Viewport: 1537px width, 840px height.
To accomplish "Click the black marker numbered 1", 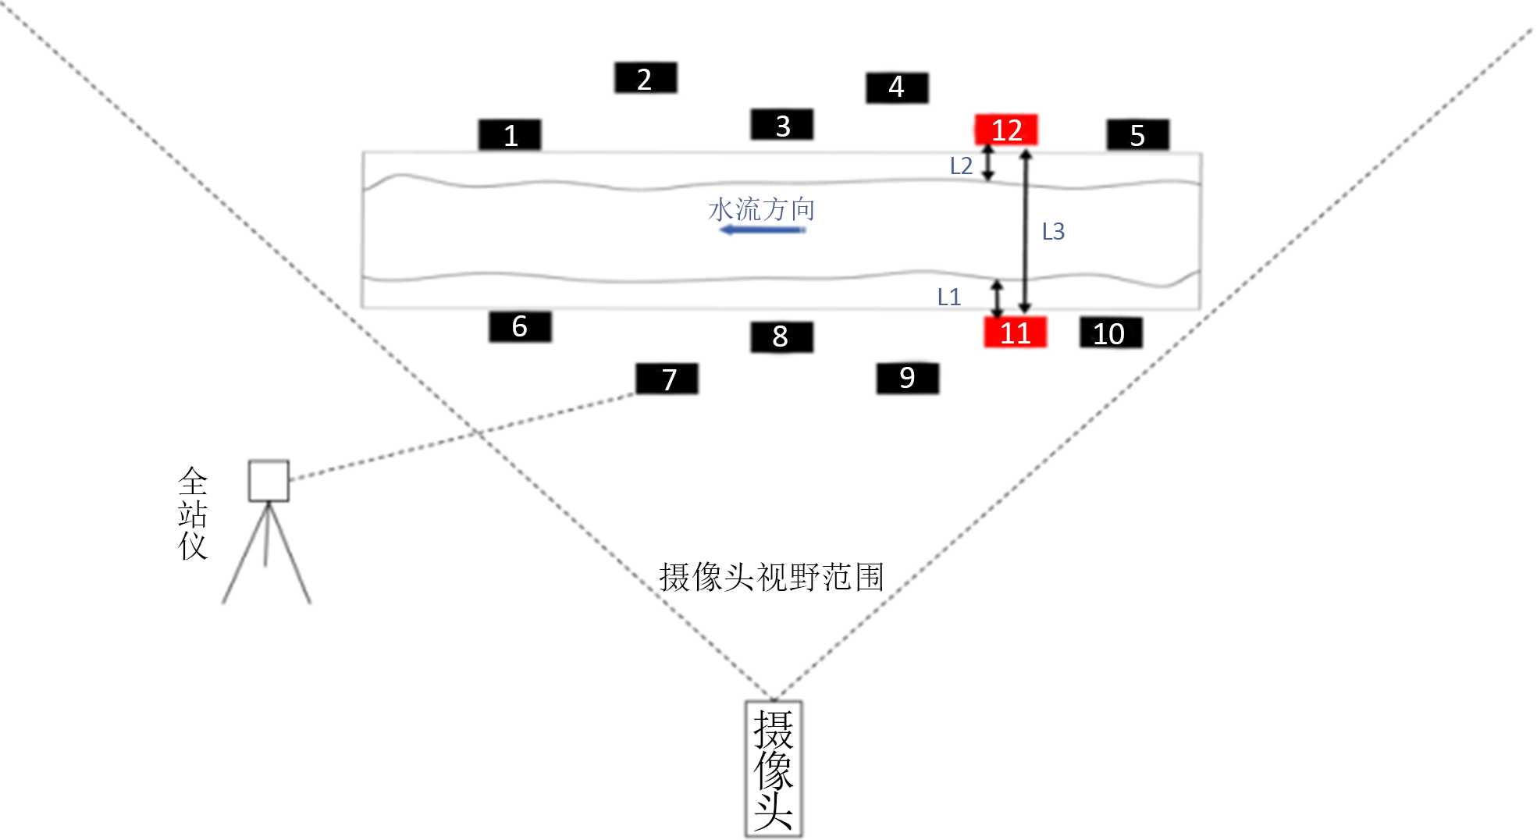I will pyautogui.click(x=510, y=135).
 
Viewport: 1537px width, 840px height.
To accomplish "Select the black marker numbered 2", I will pyautogui.click(x=646, y=78).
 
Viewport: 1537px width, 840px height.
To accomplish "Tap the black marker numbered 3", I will pyautogui.click(x=782, y=125).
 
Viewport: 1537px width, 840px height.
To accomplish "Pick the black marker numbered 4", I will pyautogui.click(x=897, y=87).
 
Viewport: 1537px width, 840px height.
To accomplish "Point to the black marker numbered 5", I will pyautogui.click(x=1137, y=135).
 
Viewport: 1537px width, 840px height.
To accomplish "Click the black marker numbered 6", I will pyautogui.click(x=520, y=326).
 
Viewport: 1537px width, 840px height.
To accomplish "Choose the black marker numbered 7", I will pyautogui.click(x=667, y=379).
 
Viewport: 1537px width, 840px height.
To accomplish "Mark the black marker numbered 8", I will pyautogui.click(x=781, y=336).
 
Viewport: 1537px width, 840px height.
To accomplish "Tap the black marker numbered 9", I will pyautogui.click(x=907, y=378).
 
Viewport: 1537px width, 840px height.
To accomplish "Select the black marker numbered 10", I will pyautogui.click(x=1110, y=333).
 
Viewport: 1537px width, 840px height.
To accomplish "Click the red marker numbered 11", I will pyautogui.click(x=1015, y=333).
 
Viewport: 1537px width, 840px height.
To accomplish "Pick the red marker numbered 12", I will pyautogui.click(x=1006, y=130).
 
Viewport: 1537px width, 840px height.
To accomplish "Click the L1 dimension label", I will pyautogui.click(x=948, y=297).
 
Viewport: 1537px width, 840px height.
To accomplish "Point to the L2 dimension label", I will pyautogui.click(x=961, y=166).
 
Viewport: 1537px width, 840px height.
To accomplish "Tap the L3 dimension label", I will pyautogui.click(x=1053, y=231).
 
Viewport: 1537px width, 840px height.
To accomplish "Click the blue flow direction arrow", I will pyautogui.click(x=763, y=230).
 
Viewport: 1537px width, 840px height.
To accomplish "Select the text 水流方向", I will pyautogui.click(x=761, y=209).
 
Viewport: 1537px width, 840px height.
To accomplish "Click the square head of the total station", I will pyautogui.click(x=269, y=480).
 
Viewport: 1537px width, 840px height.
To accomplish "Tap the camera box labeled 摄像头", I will pyautogui.click(x=774, y=769).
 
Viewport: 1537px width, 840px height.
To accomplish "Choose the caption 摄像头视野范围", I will pyautogui.click(x=771, y=578).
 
